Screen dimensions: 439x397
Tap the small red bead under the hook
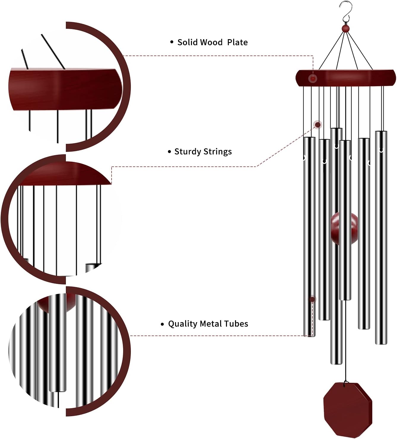pos(345,28)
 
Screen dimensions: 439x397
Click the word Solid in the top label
pos(188,42)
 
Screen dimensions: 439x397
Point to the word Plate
pos(237,42)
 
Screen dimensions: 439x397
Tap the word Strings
pos(218,152)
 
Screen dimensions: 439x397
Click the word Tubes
pos(236,324)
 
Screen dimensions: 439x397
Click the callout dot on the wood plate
pos(313,79)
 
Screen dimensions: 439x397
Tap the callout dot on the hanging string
pos(317,124)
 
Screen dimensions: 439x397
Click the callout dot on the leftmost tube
pos(312,299)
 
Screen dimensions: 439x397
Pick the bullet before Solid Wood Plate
pos(171,42)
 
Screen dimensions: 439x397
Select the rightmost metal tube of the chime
pos(381,237)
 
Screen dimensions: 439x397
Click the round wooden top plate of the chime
pos(346,78)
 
